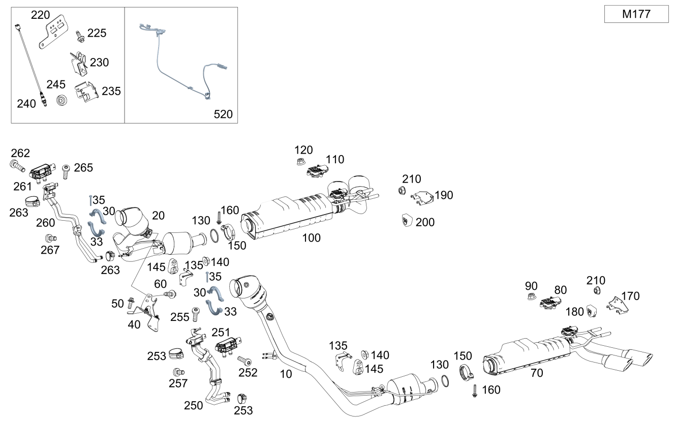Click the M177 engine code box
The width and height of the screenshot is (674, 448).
[636, 14]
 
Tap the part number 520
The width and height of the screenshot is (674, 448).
[223, 114]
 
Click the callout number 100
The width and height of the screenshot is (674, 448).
[311, 237]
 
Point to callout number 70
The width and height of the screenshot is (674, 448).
[537, 373]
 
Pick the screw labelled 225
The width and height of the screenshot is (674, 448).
[79, 36]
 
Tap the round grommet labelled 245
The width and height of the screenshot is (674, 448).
[62, 100]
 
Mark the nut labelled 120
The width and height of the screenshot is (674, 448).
[300, 163]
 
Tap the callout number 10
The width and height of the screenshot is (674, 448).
[286, 374]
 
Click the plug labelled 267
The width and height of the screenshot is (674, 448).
[50, 237]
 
